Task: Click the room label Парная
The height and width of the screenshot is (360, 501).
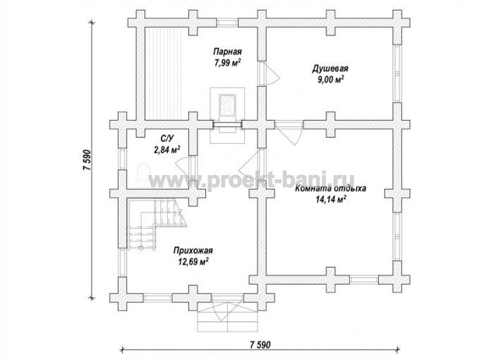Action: click(x=227, y=52)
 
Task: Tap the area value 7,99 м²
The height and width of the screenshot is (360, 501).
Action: click(x=227, y=62)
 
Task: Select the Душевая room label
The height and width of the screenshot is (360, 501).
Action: click(x=330, y=68)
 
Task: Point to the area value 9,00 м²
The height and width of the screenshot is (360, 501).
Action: click(x=330, y=79)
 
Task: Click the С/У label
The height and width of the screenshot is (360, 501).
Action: click(x=167, y=138)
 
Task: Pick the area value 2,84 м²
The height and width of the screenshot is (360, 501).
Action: click(x=167, y=150)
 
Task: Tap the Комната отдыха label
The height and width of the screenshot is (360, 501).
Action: click(x=331, y=188)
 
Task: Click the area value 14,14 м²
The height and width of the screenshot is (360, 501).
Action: click(x=331, y=200)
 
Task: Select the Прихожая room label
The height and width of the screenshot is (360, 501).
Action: click(x=193, y=251)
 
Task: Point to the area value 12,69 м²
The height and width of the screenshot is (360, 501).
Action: click(x=193, y=262)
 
